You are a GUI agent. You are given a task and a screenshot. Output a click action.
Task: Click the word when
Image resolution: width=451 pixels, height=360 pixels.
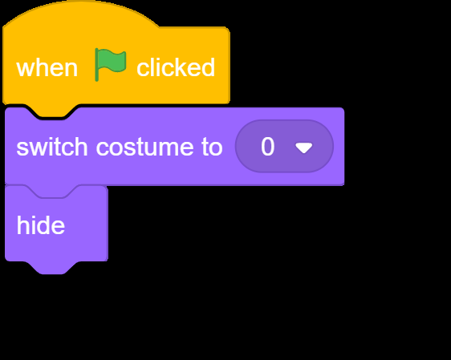47,68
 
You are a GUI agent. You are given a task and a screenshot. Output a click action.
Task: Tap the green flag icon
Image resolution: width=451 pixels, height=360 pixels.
111,64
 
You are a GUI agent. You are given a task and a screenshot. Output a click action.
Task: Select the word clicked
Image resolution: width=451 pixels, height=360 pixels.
176,67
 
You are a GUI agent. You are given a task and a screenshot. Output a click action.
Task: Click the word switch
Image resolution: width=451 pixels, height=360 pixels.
52,147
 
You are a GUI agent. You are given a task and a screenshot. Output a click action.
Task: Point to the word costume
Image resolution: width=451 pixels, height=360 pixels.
145,148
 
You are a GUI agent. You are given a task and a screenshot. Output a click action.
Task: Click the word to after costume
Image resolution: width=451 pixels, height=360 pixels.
213,148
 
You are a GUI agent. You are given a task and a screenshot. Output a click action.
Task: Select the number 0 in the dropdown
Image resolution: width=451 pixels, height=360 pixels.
267,147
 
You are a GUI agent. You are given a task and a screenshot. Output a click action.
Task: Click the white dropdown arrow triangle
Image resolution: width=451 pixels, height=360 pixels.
304,148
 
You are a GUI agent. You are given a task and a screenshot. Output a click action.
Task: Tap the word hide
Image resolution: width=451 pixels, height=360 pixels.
41,225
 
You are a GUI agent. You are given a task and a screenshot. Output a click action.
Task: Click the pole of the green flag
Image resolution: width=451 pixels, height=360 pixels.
96,65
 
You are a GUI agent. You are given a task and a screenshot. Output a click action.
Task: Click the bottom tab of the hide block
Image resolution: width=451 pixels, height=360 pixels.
53,268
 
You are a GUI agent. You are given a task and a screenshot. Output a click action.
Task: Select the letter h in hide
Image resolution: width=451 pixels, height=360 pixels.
22,225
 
